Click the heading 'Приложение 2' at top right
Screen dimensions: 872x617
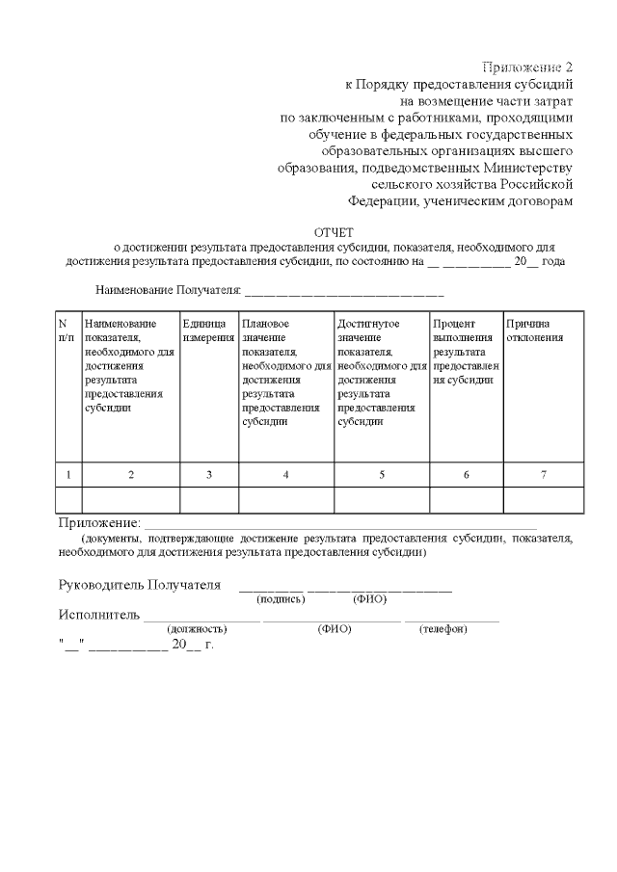point(527,66)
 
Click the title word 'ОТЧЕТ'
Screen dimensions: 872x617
point(335,232)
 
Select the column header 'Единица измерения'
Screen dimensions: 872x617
point(208,330)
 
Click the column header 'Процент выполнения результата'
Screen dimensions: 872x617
point(466,352)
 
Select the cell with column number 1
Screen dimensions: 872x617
point(67,475)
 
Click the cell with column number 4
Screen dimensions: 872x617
point(286,475)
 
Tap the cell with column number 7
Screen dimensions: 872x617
point(544,475)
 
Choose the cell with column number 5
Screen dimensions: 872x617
point(382,475)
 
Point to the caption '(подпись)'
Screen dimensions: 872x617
point(281,599)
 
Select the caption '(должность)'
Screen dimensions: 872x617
point(197,629)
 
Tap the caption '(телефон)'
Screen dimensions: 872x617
point(443,629)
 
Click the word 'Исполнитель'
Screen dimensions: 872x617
point(99,615)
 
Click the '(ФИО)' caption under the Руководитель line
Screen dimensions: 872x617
point(370,599)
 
